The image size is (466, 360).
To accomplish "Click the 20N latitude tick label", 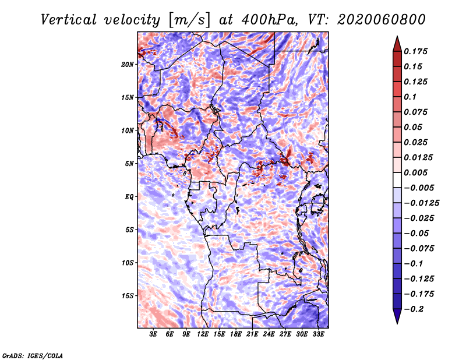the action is pos(128,65).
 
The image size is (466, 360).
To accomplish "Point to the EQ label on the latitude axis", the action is pos(129,197).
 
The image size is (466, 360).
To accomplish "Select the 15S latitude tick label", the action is pos(128,296).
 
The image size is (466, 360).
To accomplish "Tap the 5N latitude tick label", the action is pos(129,164).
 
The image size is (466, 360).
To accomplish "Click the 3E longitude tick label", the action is pos(153,334).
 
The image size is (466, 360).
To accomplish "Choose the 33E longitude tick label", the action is pos(318,334).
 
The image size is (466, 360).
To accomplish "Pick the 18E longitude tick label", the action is pos(236,334).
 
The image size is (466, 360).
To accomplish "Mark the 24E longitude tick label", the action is pos(269,334).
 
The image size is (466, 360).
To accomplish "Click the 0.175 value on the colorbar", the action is pos(416,51).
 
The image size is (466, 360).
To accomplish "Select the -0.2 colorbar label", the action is pos(414,309).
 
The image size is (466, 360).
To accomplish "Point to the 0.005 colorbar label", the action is pos(416,172).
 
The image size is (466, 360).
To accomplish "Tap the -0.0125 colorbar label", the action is pos(421,203).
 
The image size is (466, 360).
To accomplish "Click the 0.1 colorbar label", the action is pos(410,97).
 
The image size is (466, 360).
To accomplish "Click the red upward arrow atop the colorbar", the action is pos(397,44).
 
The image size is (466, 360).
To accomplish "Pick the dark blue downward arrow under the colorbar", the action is pos(397,316).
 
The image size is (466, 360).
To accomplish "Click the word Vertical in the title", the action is pos(69,20).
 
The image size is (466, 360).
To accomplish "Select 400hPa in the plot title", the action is pos(270,20).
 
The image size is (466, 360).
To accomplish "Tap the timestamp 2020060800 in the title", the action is pos(382,20).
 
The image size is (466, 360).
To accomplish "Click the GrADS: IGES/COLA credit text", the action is pos(33,356).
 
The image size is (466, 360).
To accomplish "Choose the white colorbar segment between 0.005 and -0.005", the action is pos(397,180).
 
